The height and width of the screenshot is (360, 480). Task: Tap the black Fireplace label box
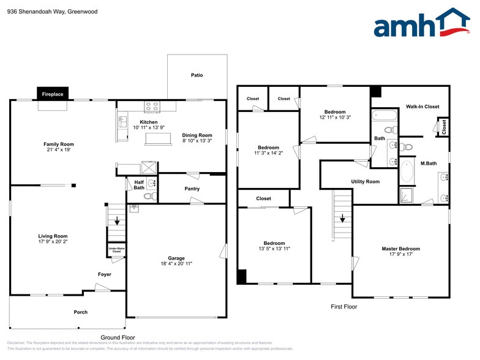point(53,94)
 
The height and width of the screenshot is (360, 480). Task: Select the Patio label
point(197,75)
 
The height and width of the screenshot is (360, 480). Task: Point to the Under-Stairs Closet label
point(116,250)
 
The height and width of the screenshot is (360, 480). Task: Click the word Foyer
point(105,274)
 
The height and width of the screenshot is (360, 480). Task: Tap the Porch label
point(80,312)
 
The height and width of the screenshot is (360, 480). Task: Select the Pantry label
point(192,189)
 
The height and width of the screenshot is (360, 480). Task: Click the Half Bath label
point(139,184)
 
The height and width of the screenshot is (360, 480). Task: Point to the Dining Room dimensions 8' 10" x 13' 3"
point(197,141)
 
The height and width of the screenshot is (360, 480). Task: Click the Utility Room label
point(365,182)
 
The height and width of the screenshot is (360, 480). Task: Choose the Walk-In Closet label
point(422,107)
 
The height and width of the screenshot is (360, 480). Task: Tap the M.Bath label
point(428,163)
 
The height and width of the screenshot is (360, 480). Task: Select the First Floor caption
point(343,307)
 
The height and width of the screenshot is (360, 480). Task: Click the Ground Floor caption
point(118,337)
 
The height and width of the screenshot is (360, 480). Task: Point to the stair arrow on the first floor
point(342,217)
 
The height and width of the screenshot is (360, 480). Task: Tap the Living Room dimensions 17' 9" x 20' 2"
point(53,242)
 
